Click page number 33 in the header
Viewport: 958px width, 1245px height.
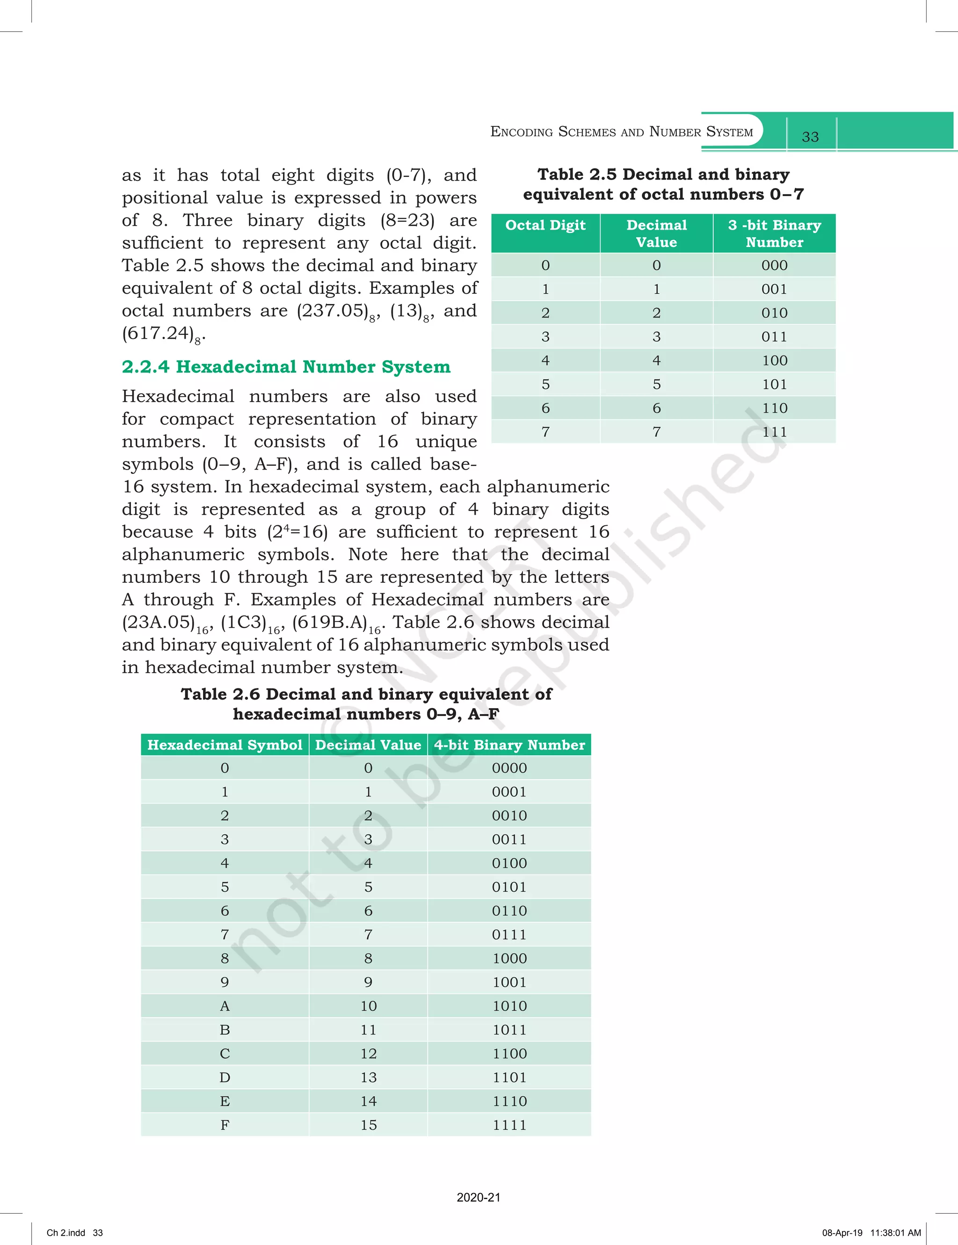point(810,137)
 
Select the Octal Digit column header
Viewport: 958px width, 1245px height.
point(545,225)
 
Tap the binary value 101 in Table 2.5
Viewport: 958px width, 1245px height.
point(774,384)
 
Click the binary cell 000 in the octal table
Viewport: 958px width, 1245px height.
point(774,265)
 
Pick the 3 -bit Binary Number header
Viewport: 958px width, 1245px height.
point(774,233)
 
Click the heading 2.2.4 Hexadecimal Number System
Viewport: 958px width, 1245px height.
point(286,367)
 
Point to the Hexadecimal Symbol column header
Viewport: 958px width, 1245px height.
point(225,745)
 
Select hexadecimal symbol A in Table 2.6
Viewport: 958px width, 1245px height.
point(225,1006)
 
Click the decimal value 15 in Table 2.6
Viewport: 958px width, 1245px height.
point(369,1125)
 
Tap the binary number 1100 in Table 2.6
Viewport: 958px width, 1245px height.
point(509,1053)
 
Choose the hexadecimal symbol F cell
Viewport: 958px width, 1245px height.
point(225,1125)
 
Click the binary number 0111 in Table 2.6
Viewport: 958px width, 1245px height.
point(509,934)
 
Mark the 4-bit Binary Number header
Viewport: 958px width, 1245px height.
point(509,745)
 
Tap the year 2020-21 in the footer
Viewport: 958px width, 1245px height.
point(479,1198)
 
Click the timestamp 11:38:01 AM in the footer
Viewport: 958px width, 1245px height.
point(895,1232)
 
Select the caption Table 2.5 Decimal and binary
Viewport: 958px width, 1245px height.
point(663,174)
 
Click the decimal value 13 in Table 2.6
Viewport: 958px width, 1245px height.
point(369,1078)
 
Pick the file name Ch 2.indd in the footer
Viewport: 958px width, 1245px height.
point(65,1232)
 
